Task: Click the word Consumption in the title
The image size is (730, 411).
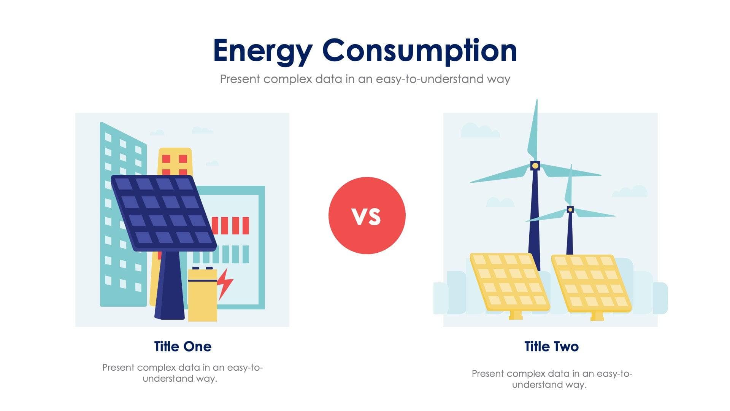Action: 419,51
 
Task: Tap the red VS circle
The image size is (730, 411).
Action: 367,215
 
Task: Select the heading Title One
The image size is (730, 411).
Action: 182,346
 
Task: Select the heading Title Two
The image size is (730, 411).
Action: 551,346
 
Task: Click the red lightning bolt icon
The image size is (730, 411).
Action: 225,284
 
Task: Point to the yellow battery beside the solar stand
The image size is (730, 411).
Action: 202,295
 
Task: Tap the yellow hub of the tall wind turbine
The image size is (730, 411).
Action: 535,166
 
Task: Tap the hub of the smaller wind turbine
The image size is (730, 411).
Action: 570,209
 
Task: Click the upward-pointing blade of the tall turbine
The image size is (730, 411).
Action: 533,131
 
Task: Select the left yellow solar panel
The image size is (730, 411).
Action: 509,282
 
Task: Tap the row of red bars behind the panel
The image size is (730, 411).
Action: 230,225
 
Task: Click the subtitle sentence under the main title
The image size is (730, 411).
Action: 365,79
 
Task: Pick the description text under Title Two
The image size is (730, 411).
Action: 551,379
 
